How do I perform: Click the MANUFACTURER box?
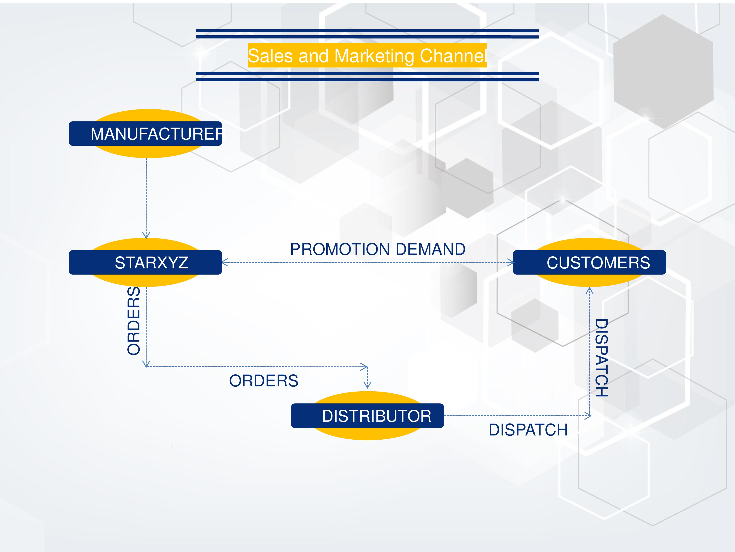[145, 134]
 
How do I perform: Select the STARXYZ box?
[145, 263]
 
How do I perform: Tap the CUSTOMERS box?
[589, 263]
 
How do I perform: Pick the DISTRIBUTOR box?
[367, 416]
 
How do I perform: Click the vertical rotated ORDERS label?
[134, 321]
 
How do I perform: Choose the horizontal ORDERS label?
[263, 381]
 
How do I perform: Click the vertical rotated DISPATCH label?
[601, 358]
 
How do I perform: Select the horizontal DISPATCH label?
[528, 430]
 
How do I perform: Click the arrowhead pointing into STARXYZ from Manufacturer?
[146, 235]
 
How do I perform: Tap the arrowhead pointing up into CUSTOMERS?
[589, 290]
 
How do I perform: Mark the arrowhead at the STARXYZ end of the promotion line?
[225, 263]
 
